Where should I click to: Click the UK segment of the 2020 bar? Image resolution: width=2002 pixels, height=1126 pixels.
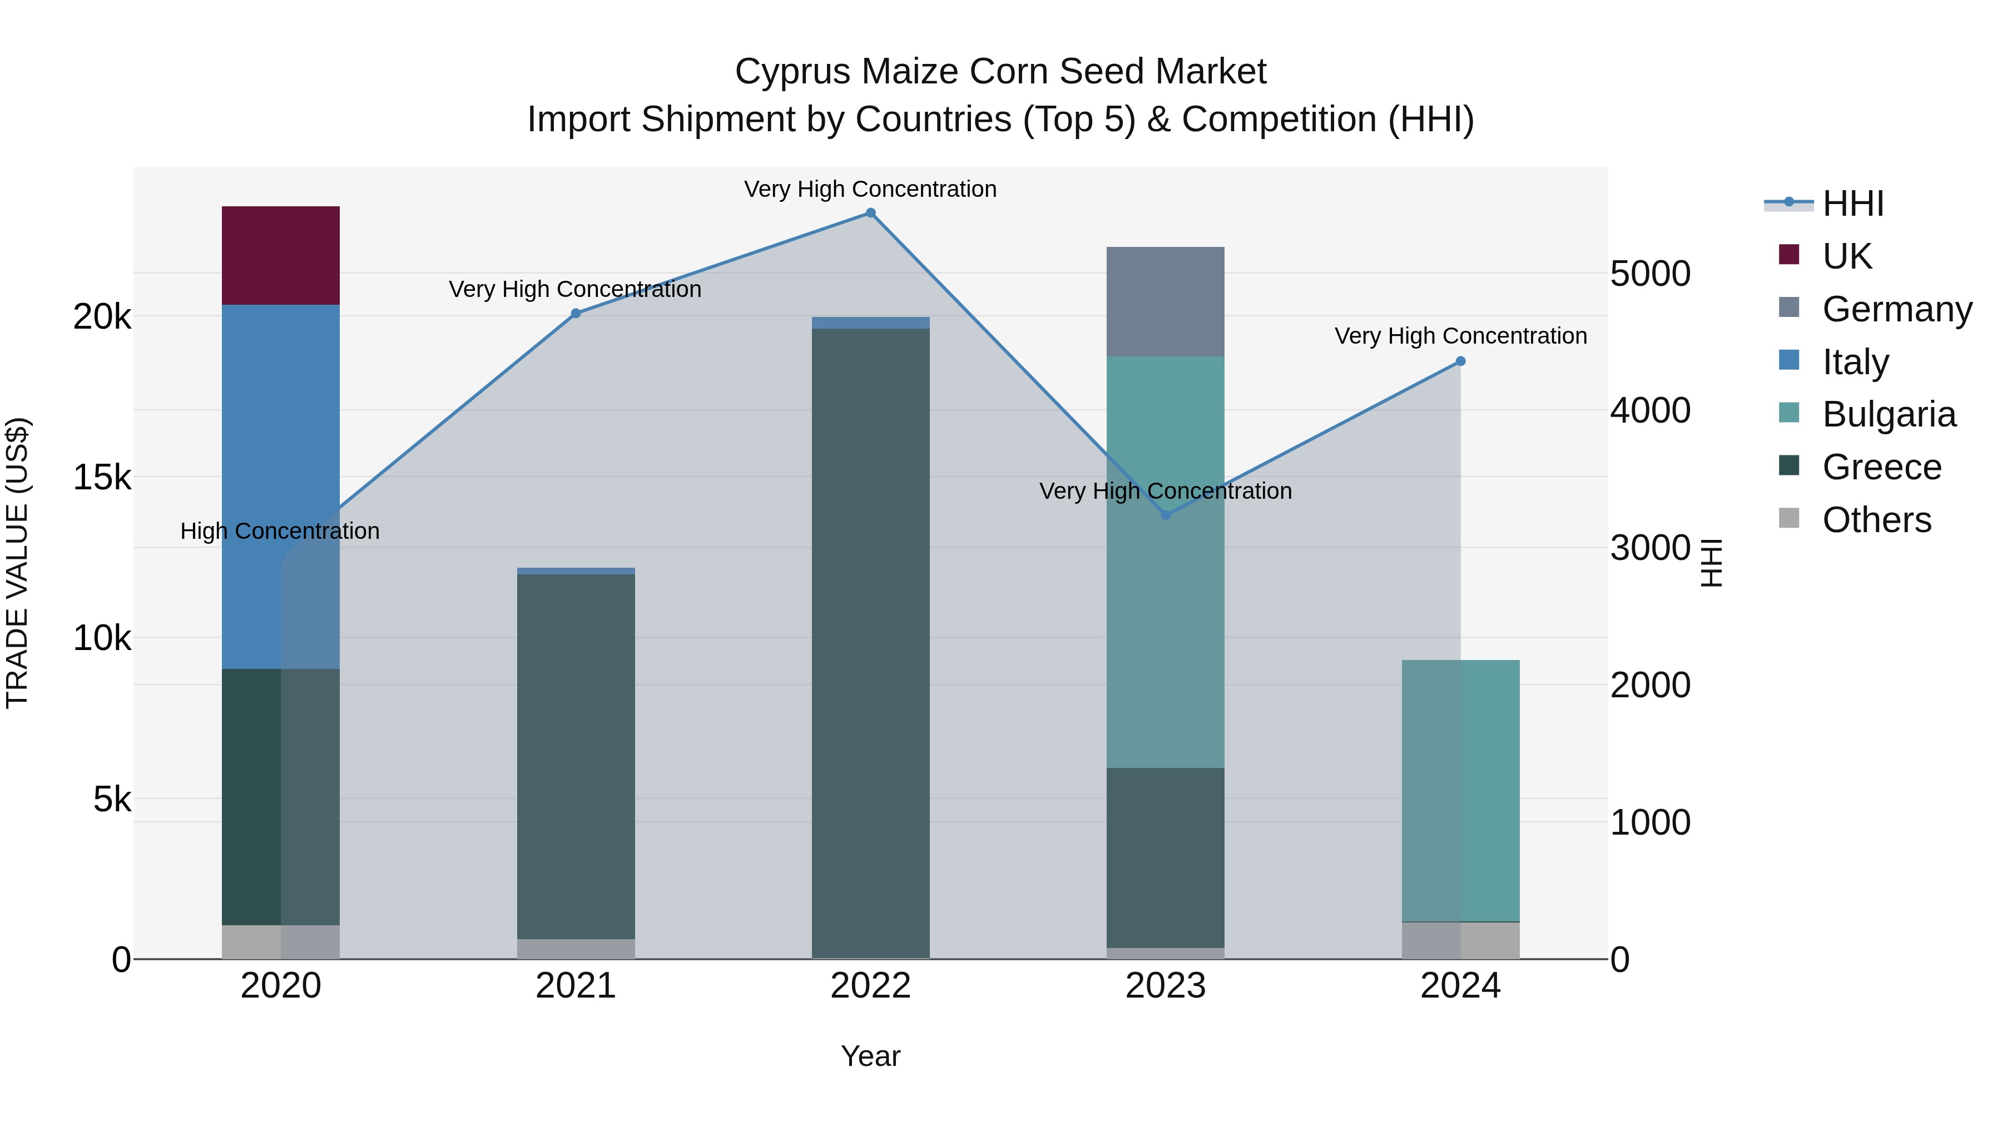pos(281,255)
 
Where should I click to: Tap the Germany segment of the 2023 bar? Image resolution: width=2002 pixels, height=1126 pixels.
pos(1165,301)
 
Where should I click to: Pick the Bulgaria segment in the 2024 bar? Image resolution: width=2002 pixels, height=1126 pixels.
pos(1460,790)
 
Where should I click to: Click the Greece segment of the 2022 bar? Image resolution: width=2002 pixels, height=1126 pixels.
pos(870,643)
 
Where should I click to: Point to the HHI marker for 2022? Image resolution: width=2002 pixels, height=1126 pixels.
pos(870,213)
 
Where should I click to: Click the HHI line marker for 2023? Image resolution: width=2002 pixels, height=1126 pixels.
pos(1165,515)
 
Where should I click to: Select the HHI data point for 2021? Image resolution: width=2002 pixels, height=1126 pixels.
pos(576,313)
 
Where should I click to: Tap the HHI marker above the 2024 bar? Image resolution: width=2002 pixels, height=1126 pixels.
pos(1460,361)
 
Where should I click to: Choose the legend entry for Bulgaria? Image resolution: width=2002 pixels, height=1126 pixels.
pos(1888,414)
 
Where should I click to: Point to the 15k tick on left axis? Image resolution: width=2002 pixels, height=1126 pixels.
pos(102,477)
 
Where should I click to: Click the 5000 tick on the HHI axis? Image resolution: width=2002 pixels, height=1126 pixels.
pos(1650,274)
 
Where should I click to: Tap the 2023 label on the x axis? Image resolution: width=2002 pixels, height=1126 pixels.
pos(1165,986)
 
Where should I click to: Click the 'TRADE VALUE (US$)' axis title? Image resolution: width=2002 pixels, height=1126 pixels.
pos(18,563)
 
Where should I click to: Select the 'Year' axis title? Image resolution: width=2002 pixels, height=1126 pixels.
pos(870,1056)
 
